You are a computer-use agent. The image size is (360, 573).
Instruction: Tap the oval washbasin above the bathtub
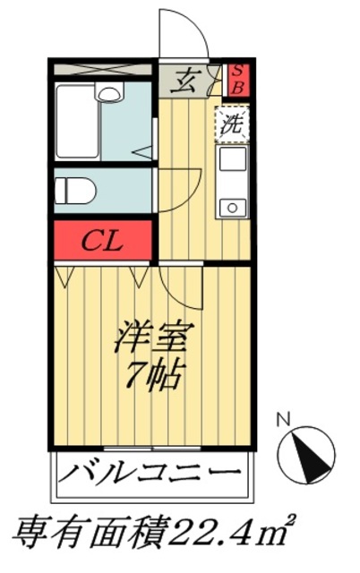point(108,92)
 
